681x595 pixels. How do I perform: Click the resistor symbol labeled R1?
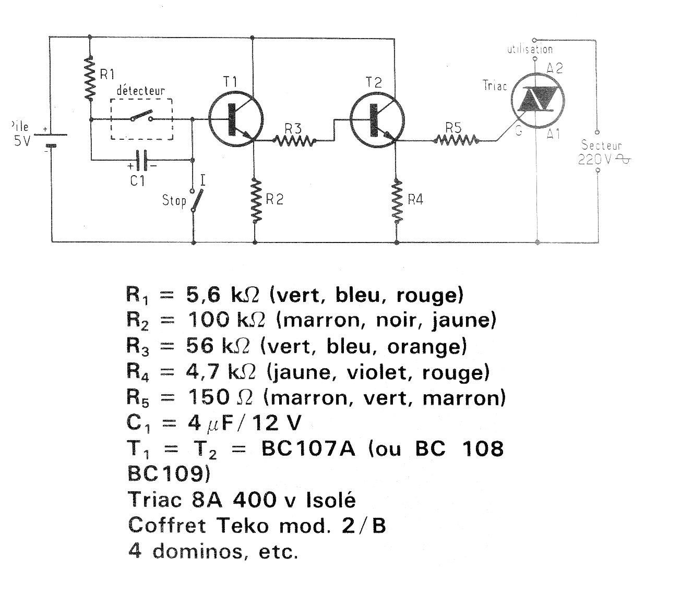click(x=90, y=79)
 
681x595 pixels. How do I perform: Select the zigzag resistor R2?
click(x=255, y=201)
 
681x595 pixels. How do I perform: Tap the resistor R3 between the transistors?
click(x=294, y=141)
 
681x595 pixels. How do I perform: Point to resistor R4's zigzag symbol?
click(x=397, y=201)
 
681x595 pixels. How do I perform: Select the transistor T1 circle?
click(x=236, y=120)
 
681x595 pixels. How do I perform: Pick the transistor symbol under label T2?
click(x=377, y=120)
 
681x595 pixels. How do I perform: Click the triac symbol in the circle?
click(x=537, y=100)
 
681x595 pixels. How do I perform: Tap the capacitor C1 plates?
click(x=142, y=160)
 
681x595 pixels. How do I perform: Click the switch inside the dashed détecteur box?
click(x=142, y=116)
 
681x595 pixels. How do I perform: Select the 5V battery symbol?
click(x=51, y=140)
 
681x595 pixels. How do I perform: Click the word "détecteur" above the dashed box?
click(x=141, y=90)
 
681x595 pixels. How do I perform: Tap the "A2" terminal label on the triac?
click(x=555, y=68)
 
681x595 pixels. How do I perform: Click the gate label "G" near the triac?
click(x=519, y=131)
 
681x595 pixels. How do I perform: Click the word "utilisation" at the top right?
click(x=530, y=50)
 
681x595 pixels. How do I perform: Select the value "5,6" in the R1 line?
click(x=203, y=294)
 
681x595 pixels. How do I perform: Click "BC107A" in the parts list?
click(x=308, y=448)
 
